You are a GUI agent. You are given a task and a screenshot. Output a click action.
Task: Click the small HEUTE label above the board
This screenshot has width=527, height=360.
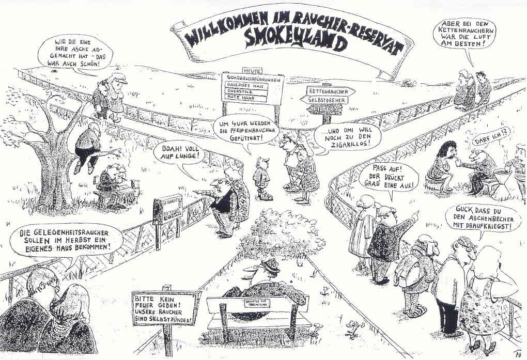point(252,70)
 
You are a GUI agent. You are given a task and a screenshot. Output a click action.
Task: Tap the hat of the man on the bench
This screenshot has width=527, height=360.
point(268,265)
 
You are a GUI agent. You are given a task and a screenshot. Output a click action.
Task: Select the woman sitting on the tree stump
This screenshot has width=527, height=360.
point(442,165)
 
